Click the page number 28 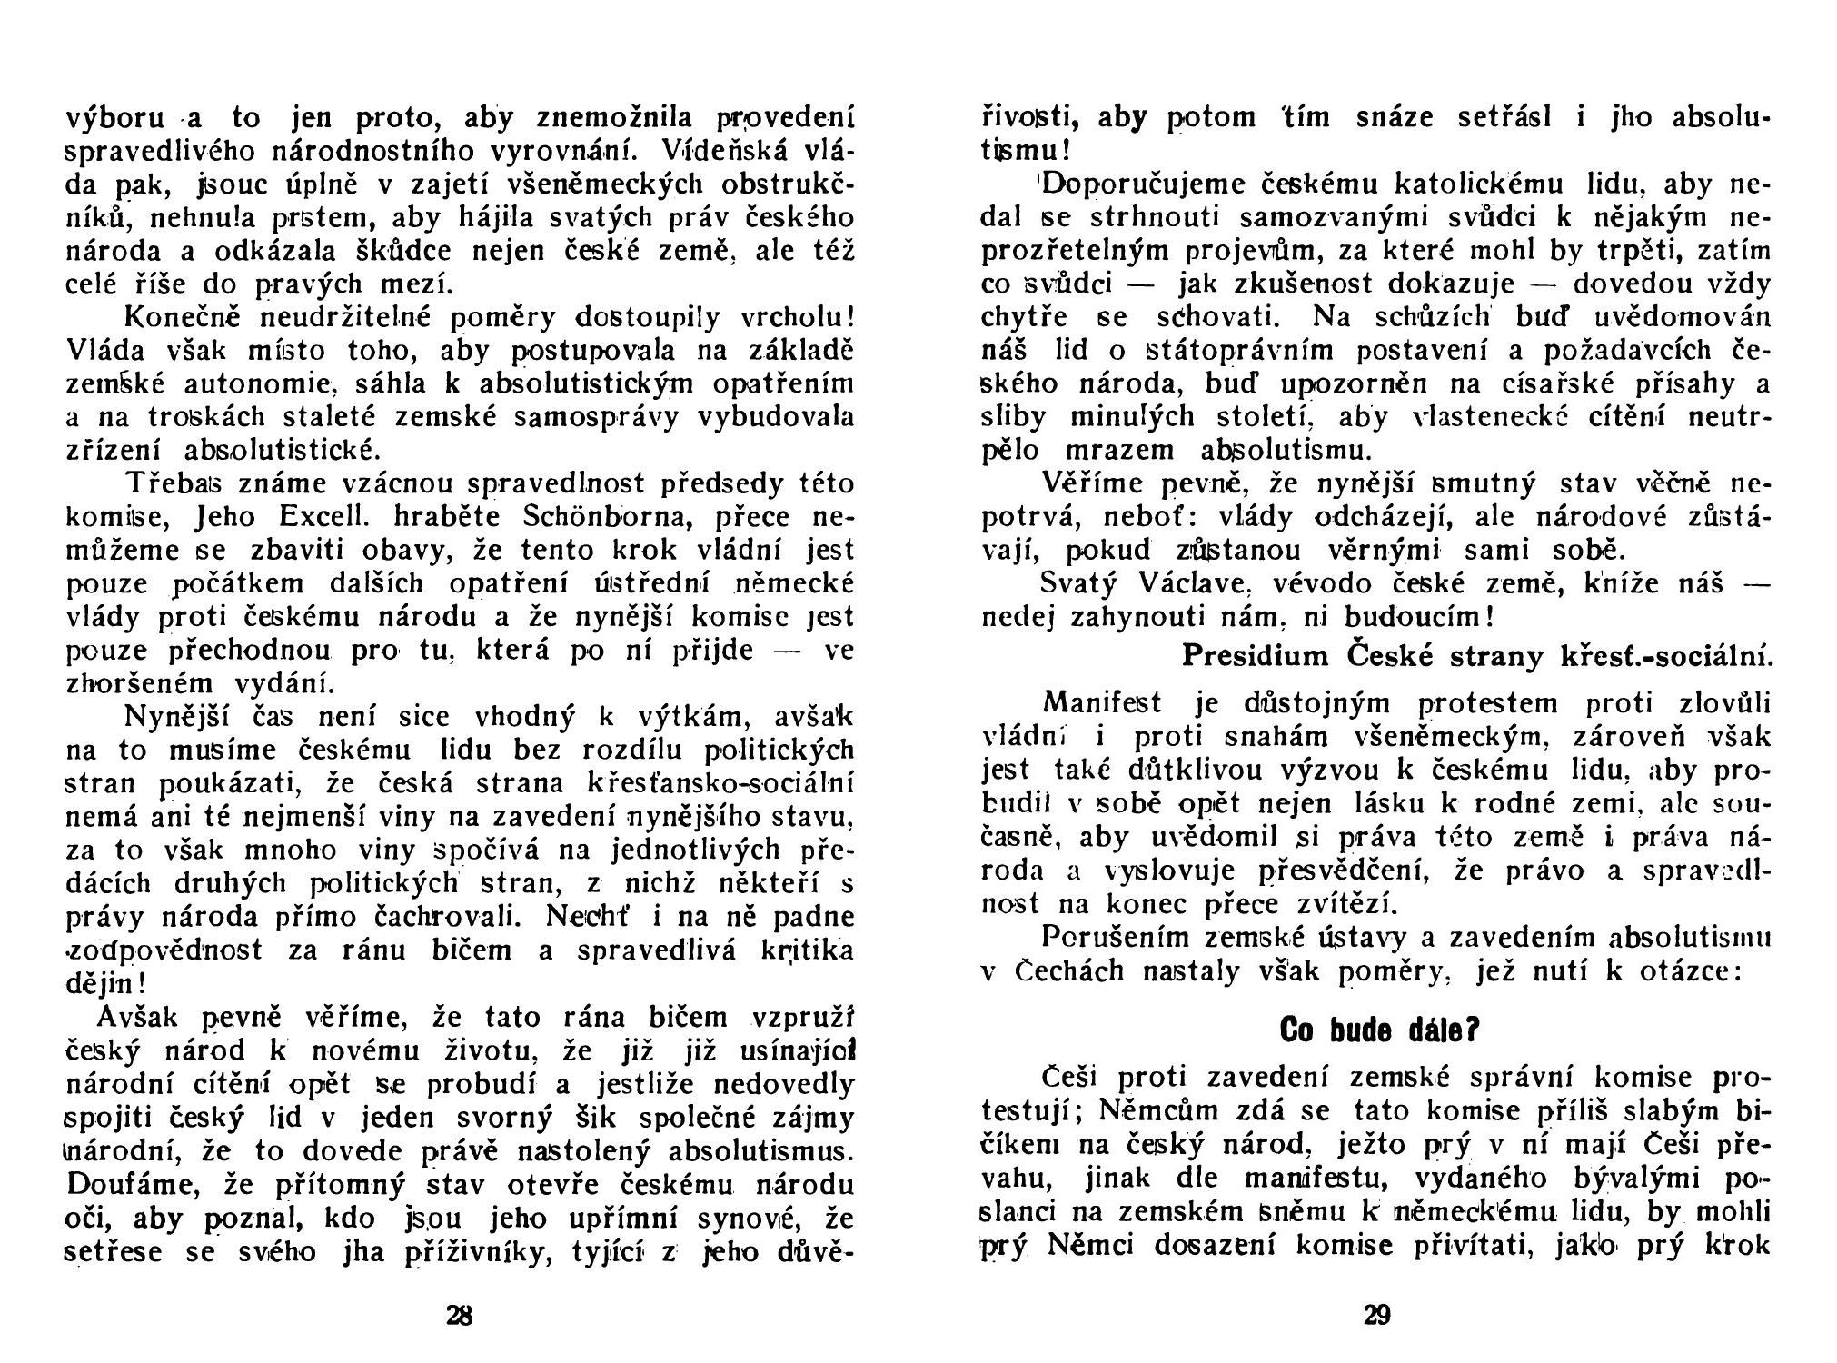tap(461, 1315)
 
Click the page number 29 tap(1377, 1315)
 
